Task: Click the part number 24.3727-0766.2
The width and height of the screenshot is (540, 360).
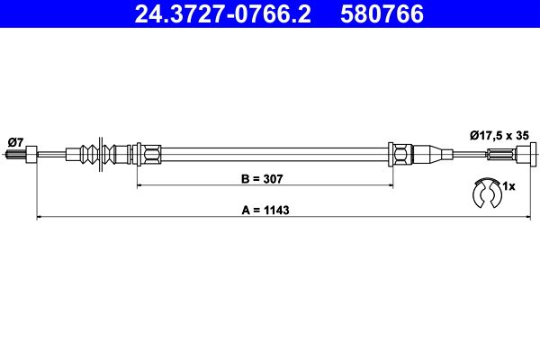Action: tap(222, 13)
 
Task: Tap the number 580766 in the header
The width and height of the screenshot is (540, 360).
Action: tap(382, 13)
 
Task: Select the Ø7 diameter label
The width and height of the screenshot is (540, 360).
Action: tap(15, 141)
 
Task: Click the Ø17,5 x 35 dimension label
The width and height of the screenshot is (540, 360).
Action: tap(499, 136)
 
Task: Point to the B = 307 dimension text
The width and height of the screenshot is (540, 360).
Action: tap(262, 179)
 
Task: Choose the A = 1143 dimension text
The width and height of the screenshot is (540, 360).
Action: tap(265, 210)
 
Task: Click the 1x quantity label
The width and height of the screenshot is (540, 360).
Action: tap(508, 186)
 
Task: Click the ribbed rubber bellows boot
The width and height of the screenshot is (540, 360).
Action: tap(100, 154)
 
